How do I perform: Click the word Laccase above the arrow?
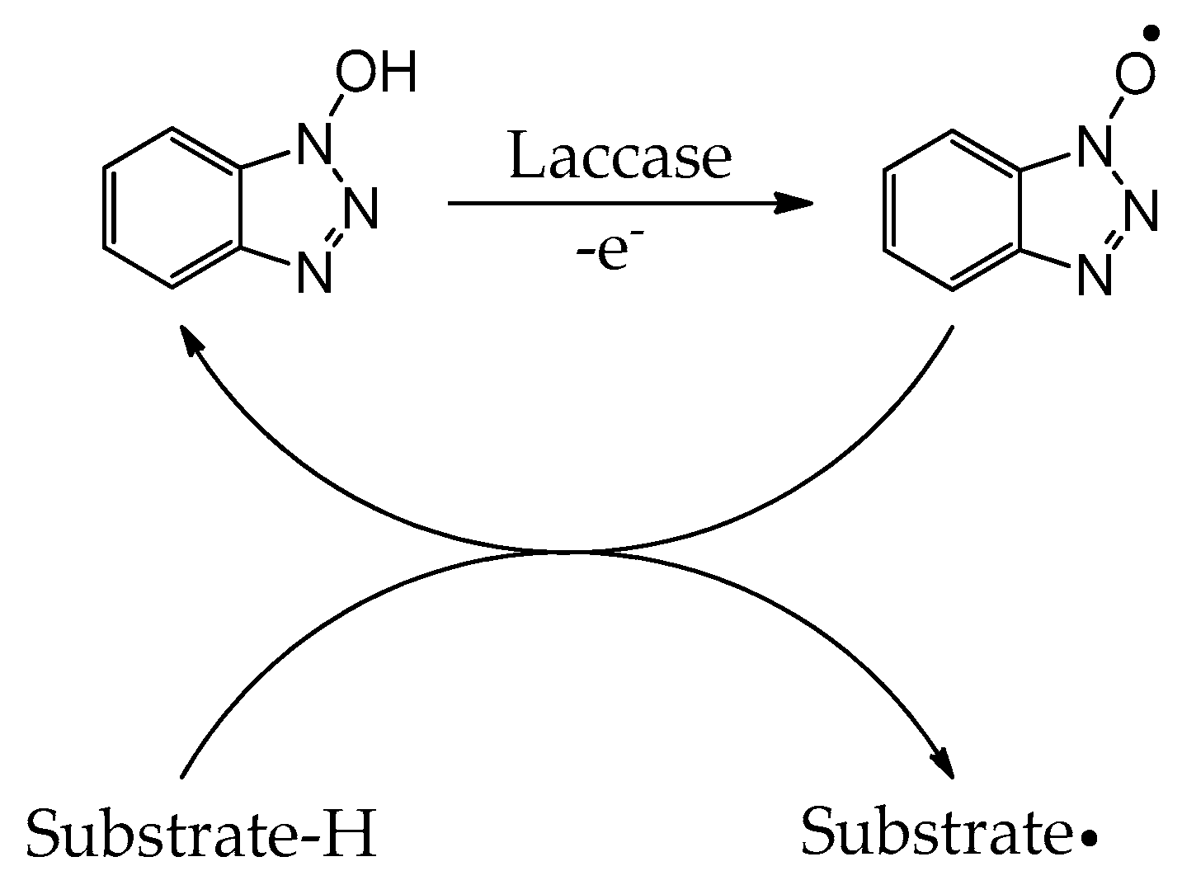coord(620,156)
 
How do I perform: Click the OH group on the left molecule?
coord(376,71)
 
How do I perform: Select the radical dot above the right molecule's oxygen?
coord(1150,33)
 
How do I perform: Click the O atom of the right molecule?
coord(1135,73)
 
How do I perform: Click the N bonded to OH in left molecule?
coord(314,144)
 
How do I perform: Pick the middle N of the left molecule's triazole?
coord(360,208)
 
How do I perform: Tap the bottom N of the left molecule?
coord(314,272)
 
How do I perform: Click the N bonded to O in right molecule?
coord(1095,146)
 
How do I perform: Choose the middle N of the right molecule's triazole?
coord(1141,210)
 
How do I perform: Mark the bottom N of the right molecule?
coord(1095,275)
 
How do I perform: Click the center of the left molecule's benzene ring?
coord(172,208)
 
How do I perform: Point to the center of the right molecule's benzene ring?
coord(953,210)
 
